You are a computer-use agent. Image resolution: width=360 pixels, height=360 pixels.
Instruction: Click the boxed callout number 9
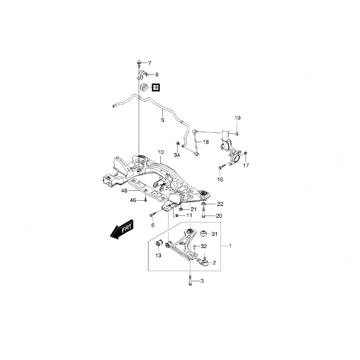[156, 87]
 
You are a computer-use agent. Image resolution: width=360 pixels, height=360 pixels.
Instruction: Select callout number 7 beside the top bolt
[149, 63]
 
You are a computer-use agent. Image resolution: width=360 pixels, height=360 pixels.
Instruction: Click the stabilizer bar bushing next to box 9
[144, 87]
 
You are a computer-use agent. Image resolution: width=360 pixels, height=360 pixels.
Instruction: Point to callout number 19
[238, 118]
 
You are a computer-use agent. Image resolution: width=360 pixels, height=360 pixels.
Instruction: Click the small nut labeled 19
[238, 133]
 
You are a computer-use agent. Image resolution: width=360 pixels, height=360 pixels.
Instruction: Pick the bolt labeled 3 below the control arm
[190, 280]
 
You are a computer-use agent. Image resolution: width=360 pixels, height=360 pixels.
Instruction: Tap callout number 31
[215, 234]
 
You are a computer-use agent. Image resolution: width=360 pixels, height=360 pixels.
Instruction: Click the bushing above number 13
[159, 243]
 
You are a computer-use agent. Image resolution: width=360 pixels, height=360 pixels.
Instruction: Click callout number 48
[124, 190]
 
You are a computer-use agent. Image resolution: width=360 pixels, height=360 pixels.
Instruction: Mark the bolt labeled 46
[145, 200]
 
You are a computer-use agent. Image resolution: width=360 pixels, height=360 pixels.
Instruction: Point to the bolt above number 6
[153, 215]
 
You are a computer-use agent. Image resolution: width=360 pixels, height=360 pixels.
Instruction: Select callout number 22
[220, 204]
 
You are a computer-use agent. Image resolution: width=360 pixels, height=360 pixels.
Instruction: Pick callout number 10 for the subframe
[161, 152]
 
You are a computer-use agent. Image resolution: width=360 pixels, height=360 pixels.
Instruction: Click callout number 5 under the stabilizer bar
[162, 120]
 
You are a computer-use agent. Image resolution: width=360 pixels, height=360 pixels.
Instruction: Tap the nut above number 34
[177, 144]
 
